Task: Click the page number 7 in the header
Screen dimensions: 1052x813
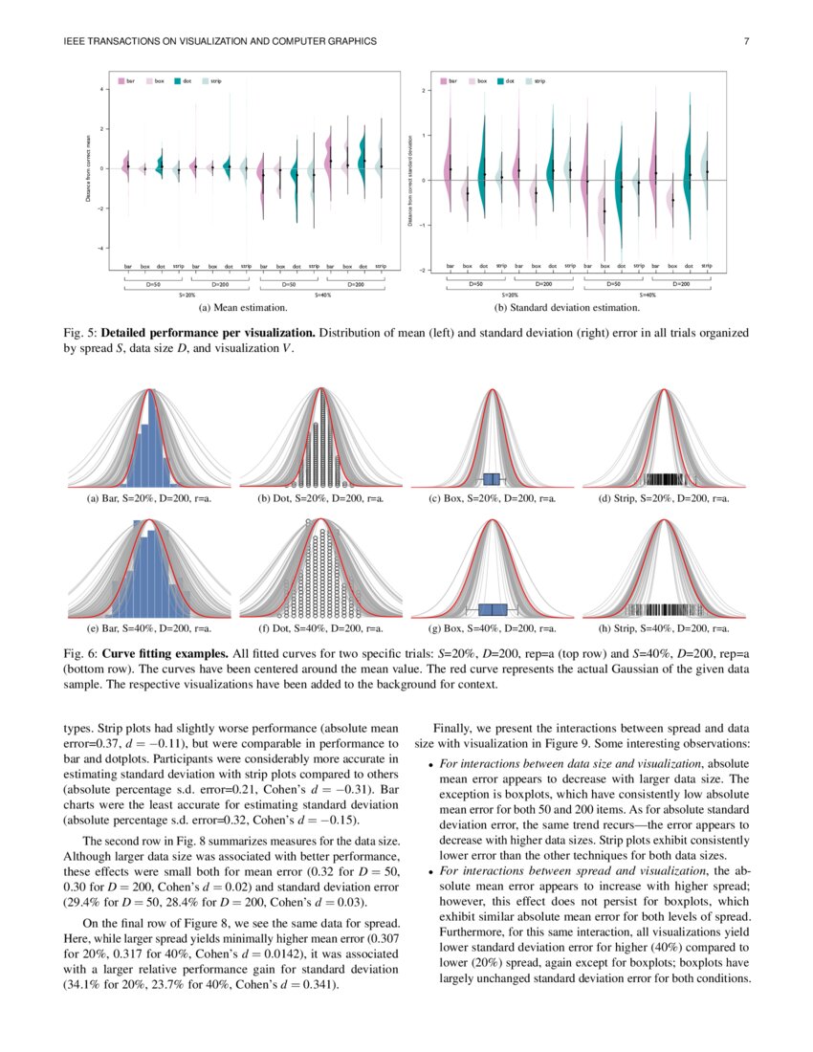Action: [746, 41]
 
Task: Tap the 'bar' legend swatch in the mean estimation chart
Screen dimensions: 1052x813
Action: [121, 82]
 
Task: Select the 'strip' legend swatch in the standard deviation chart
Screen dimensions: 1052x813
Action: [529, 82]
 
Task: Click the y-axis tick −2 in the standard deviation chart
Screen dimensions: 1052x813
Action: [424, 271]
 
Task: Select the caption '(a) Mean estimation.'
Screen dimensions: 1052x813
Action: [243, 309]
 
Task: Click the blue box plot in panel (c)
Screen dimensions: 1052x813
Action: [492, 478]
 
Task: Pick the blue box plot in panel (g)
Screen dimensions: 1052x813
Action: [492, 609]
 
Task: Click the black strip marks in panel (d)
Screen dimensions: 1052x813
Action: [665, 479]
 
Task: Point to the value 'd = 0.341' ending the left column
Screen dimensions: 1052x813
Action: [306, 984]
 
